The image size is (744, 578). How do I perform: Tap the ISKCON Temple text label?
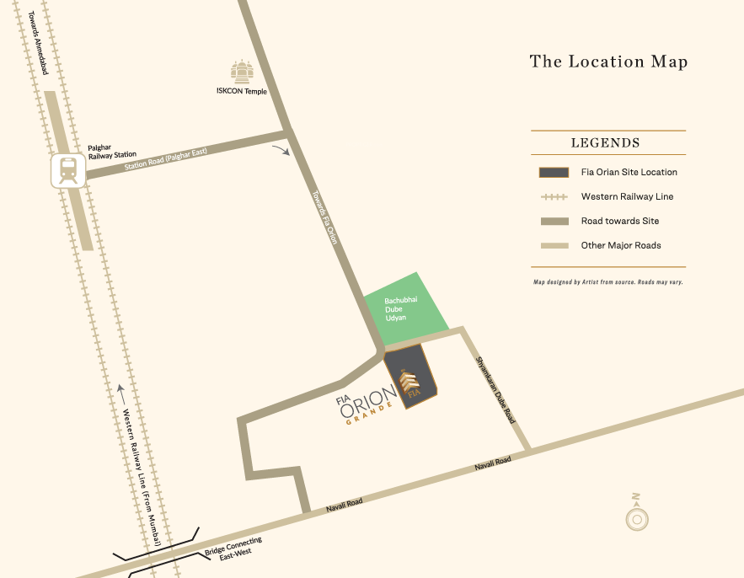[x=243, y=91]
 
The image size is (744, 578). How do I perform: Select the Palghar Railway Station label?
[x=112, y=150]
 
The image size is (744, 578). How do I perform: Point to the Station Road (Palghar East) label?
[x=169, y=158]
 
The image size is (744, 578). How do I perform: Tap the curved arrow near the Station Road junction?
[x=281, y=149]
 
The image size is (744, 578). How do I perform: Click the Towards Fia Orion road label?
[x=324, y=217]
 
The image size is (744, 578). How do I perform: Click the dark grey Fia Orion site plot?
[x=411, y=378]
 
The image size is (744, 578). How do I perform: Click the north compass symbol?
[x=636, y=516]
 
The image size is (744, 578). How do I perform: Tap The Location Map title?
[x=608, y=62]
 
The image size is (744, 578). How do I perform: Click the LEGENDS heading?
[x=605, y=143]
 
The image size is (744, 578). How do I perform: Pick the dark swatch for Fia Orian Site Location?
[x=552, y=172]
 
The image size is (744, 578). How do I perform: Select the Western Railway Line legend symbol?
[x=552, y=196]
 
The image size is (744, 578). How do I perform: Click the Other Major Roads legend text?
[x=621, y=245]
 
